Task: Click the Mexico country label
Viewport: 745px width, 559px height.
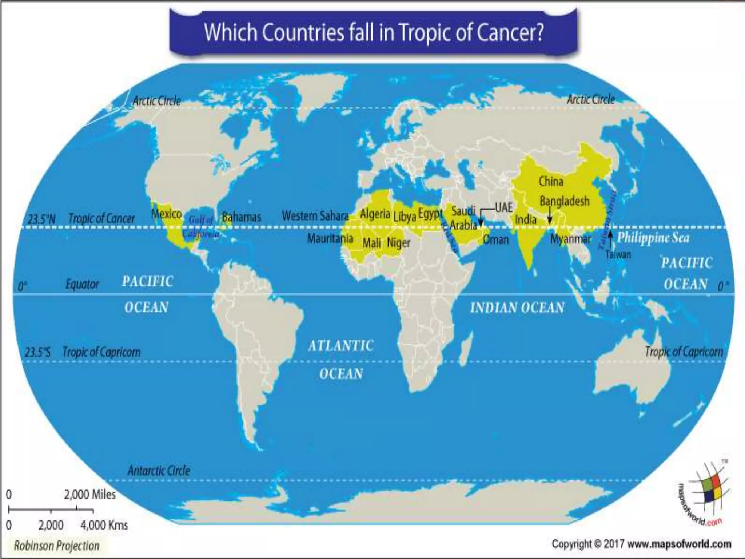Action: [x=166, y=214]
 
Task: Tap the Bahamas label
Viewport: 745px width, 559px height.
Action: [x=241, y=217]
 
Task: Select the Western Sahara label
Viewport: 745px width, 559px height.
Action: [x=315, y=216]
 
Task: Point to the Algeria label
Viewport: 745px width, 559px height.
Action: [x=375, y=214]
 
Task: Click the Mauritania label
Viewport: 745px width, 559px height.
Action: [x=330, y=238]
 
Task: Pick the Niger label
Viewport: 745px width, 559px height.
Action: [x=399, y=243]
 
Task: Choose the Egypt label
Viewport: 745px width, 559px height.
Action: [x=430, y=214]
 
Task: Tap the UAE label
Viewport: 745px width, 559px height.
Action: [x=503, y=208]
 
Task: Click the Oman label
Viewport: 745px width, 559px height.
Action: [x=496, y=239]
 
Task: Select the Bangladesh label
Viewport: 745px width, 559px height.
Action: [x=564, y=201]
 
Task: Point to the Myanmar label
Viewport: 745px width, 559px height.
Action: [x=570, y=239]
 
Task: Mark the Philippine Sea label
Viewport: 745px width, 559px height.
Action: [x=653, y=238]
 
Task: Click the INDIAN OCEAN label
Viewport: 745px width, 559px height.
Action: [x=517, y=308]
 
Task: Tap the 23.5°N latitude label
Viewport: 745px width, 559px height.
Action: [x=41, y=219]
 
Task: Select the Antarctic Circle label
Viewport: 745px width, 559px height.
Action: [x=159, y=471]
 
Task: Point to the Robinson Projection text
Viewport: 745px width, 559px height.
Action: [x=57, y=546]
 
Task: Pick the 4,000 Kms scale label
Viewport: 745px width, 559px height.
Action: [x=104, y=525]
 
